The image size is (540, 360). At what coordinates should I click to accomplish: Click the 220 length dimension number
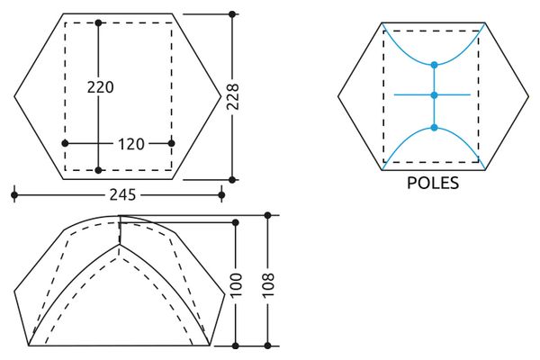pyautogui.click(x=100, y=87)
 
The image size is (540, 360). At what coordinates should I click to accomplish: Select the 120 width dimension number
pyautogui.click(x=131, y=144)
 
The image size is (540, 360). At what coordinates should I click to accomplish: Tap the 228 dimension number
pyautogui.click(x=233, y=97)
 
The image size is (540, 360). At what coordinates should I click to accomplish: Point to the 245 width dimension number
pyautogui.click(x=123, y=195)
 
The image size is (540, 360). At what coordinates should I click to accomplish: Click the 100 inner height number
pyautogui.click(x=237, y=285)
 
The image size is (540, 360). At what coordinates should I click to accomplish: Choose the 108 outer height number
pyautogui.click(x=268, y=285)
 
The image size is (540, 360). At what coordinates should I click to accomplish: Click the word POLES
pyautogui.click(x=433, y=183)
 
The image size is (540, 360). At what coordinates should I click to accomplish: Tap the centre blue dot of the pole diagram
pyautogui.click(x=435, y=95)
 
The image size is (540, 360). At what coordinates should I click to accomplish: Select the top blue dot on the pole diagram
pyautogui.click(x=435, y=65)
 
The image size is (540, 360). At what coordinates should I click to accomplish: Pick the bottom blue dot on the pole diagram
pyautogui.click(x=435, y=128)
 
